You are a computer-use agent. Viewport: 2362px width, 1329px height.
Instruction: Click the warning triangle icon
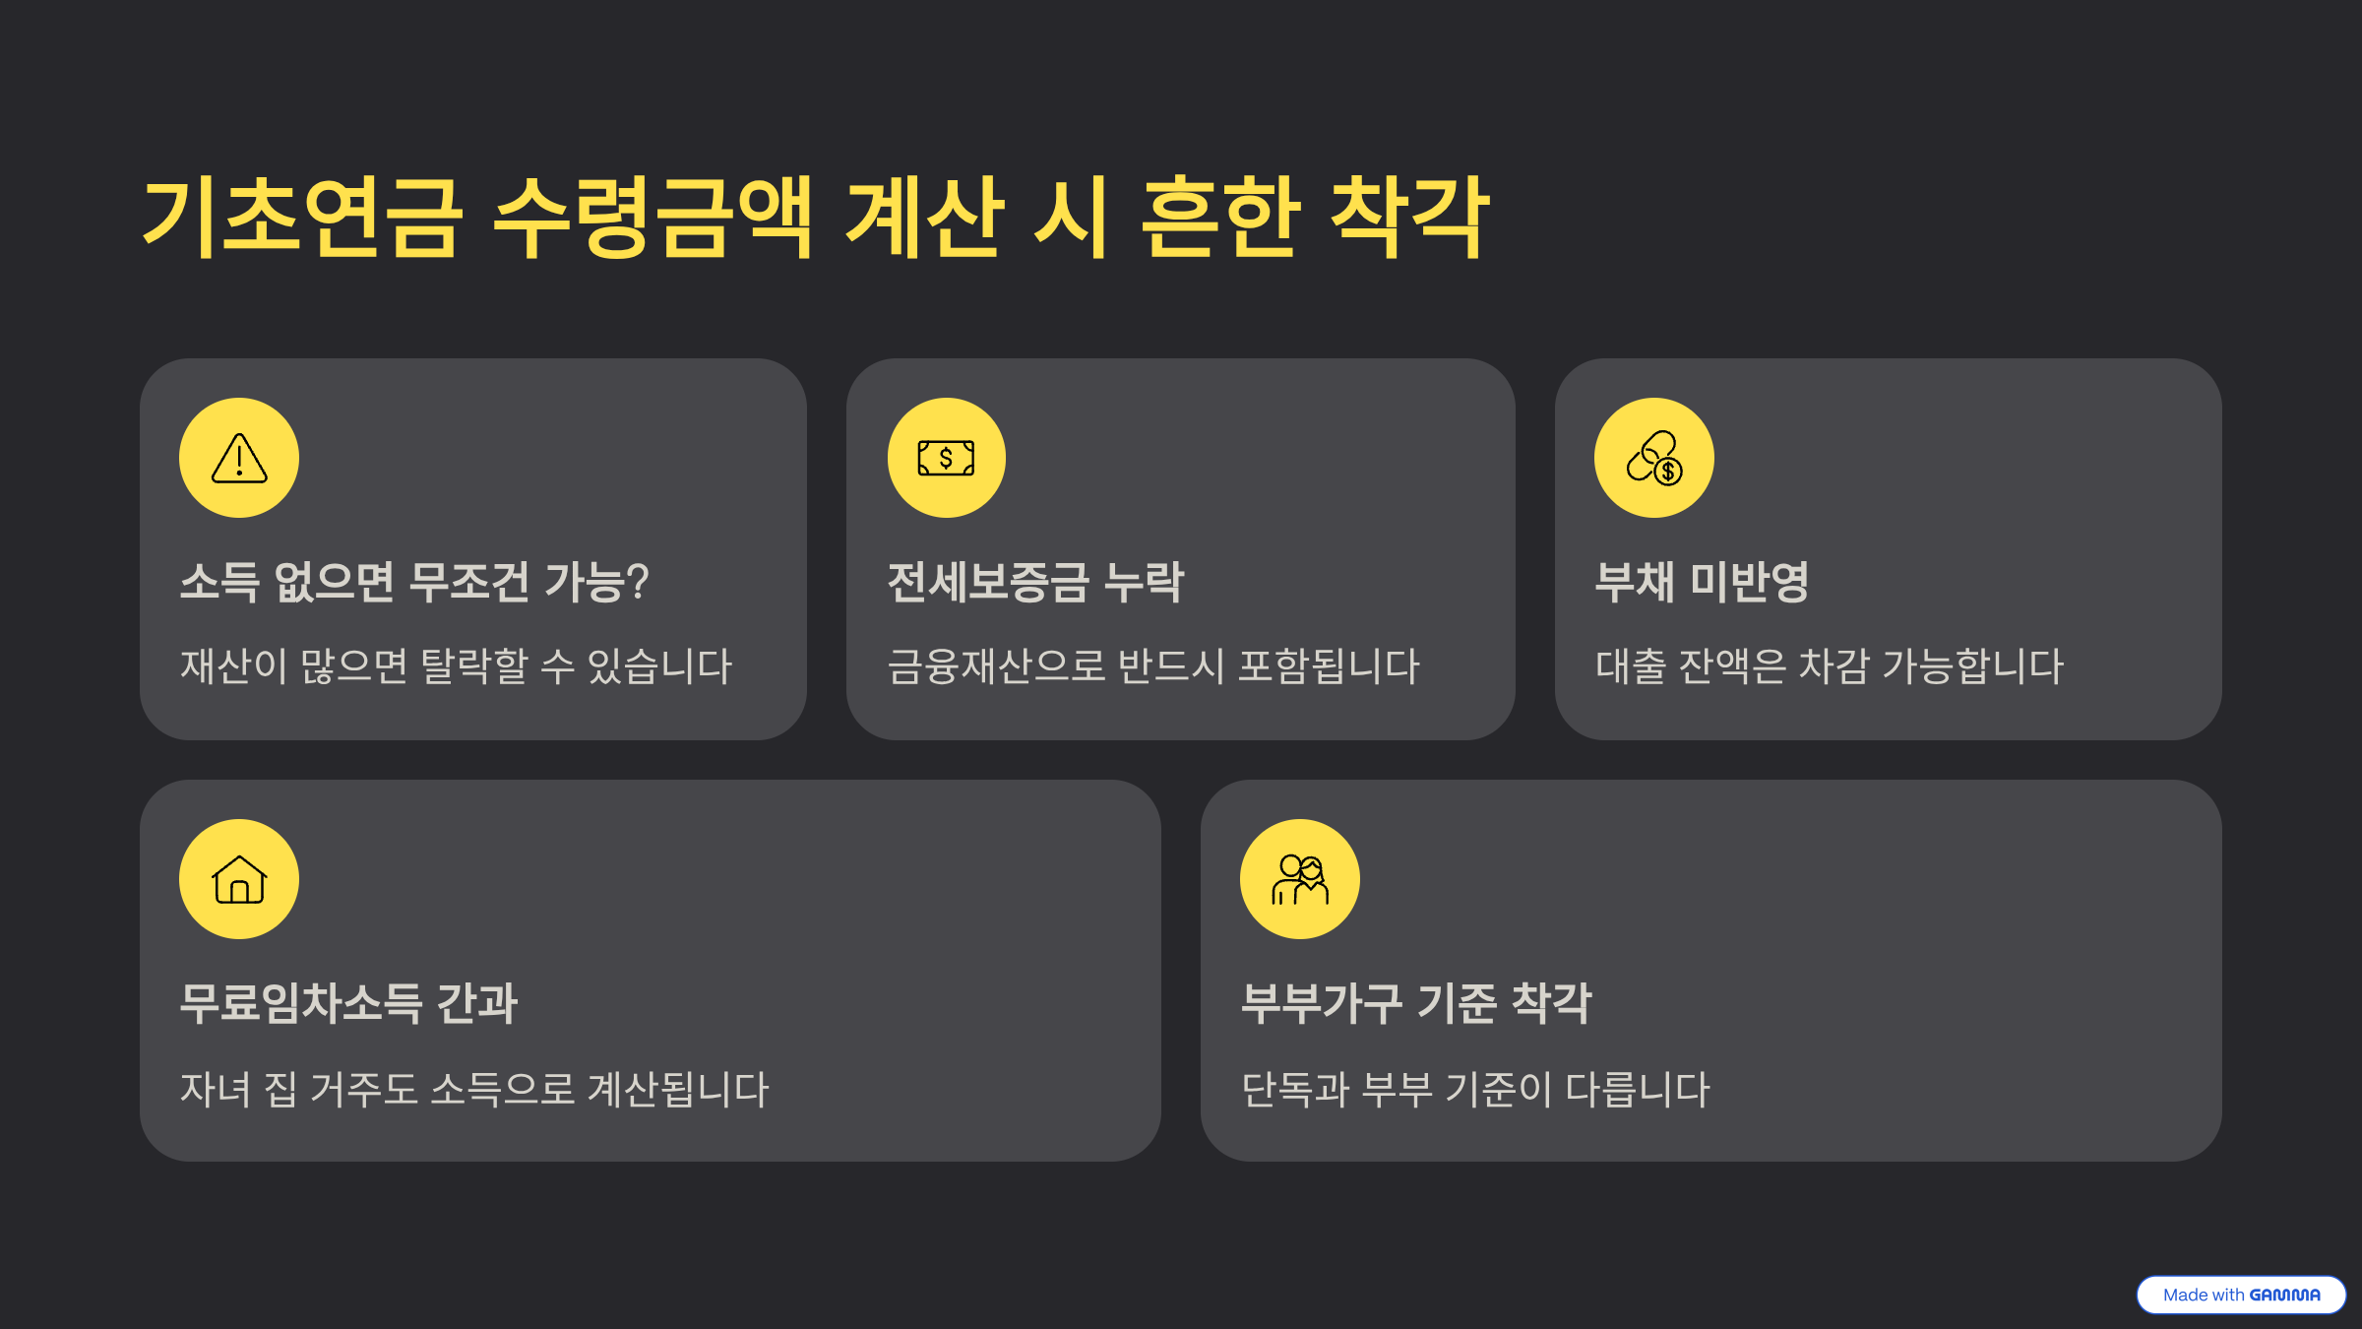pos(239,458)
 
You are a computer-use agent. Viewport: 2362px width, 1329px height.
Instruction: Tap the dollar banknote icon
pos(946,458)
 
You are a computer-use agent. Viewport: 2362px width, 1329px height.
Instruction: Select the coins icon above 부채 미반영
pos(1654,458)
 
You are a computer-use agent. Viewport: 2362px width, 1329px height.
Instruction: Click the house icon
pos(239,879)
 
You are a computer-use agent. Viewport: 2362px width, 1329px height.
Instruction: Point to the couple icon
pos(1300,879)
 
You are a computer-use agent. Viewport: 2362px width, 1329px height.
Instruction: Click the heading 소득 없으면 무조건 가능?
pos(414,582)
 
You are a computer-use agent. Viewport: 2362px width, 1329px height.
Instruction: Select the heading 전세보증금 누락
pos(1035,582)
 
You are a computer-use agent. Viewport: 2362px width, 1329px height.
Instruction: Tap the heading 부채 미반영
pos(1702,582)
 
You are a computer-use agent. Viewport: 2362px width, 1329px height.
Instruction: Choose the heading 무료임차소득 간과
pos(348,1003)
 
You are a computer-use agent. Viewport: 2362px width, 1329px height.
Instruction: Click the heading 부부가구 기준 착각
pos(1415,1003)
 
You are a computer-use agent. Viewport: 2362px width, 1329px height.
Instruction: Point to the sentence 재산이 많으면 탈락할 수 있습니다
pos(456,666)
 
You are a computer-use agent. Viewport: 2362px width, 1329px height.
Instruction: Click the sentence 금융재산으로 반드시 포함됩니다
pos(1153,666)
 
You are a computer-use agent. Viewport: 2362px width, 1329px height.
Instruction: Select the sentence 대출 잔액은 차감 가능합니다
pos(1829,666)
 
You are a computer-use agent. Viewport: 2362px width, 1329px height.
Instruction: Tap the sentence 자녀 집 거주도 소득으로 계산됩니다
pos(474,1089)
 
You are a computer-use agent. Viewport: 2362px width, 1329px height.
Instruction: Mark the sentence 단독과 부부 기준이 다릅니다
pos(1475,1089)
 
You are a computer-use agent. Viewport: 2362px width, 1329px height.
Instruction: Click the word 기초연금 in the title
pos(302,218)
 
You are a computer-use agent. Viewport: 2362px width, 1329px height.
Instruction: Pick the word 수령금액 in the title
pos(653,218)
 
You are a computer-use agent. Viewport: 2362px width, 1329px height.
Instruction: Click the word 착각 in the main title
pos(1409,218)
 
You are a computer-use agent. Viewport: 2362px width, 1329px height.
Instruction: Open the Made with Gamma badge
pos(2241,1295)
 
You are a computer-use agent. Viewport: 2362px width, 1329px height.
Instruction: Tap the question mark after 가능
pos(637,582)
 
